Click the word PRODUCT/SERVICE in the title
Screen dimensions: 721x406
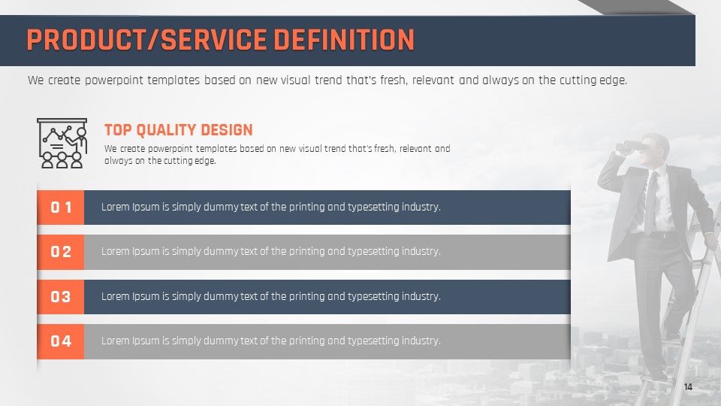(x=146, y=40)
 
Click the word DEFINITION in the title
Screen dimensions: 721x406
(x=344, y=40)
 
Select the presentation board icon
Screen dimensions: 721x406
(x=62, y=143)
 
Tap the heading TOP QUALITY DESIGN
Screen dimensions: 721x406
(x=179, y=130)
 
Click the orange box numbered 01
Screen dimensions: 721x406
(x=61, y=208)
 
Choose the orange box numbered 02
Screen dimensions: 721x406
(x=61, y=252)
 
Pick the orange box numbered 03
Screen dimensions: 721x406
(x=61, y=297)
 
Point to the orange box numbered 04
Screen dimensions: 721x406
(x=61, y=341)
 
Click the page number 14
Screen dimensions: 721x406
(x=688, y=386)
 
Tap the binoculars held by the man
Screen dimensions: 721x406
(x=630, y=147)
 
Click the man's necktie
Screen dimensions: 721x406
(x=650, y=202)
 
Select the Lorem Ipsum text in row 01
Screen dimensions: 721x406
(x=271, y=208)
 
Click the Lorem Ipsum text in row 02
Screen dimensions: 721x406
(x=271, y=252)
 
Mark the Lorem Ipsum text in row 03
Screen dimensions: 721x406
(x=271, y=296)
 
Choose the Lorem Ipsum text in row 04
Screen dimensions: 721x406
(x=271, y=341)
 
